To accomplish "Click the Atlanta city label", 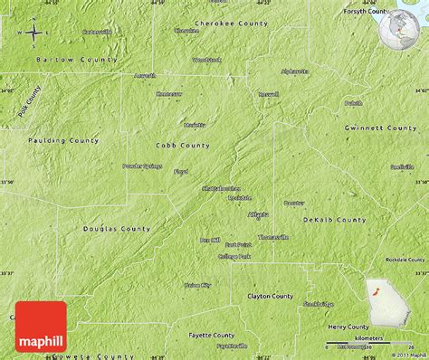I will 258,214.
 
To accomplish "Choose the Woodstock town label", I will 206,60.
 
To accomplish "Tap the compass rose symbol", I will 33,34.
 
